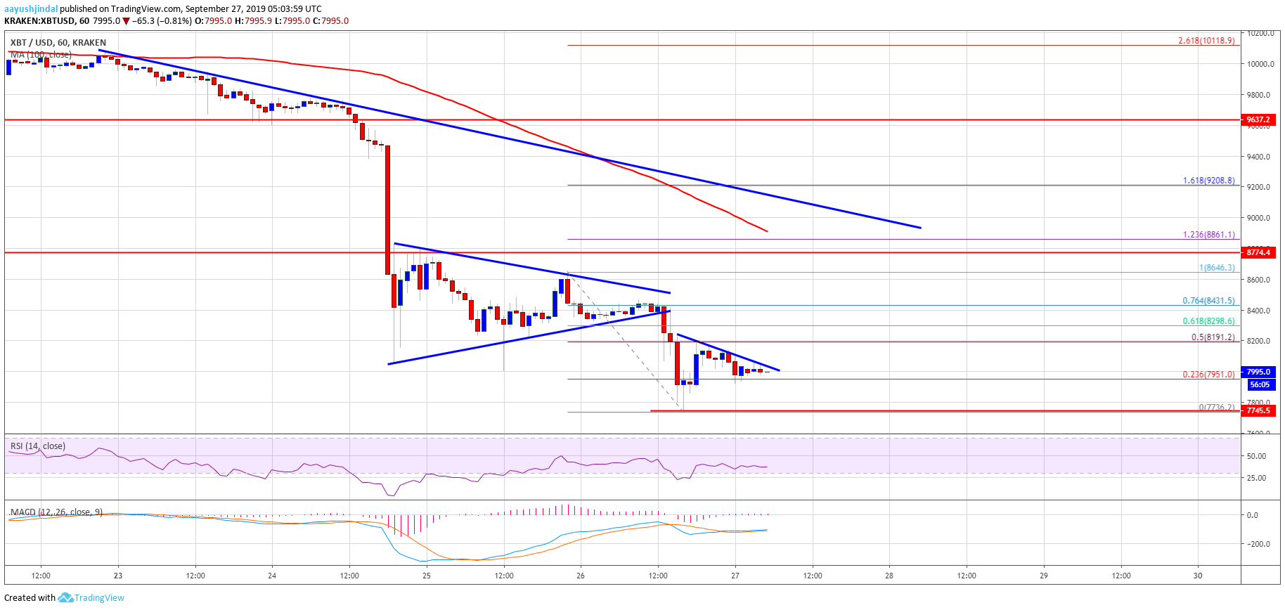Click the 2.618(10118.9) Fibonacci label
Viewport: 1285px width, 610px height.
click(1206, 41)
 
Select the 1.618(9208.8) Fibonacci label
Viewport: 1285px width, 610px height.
click(1208, 181)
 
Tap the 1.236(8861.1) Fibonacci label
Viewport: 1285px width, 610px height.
click(1208, 235)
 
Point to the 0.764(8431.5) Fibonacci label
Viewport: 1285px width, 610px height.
click(1208, 301)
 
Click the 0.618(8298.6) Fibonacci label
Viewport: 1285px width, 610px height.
click(1208, 321)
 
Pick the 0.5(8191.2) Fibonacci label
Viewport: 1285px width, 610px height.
click(1213, 337)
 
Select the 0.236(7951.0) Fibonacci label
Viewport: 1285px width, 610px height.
click(1208, 375)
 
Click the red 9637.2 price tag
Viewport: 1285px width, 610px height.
click(1258, 120)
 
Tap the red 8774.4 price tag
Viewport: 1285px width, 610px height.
click(1258, 252)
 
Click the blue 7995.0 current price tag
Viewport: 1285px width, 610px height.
click(1258, 372)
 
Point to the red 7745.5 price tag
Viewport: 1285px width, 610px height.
click(1258, 410)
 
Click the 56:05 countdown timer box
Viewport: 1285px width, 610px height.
click(1258, 384)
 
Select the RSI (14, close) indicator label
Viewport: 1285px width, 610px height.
click(38, 446)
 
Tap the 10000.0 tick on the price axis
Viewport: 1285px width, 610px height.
click(1260, 64)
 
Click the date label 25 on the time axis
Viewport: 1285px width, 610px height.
click(427, 576)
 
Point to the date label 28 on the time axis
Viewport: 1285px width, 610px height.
click(889, 576)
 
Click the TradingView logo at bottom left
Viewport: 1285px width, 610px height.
click(91, 598)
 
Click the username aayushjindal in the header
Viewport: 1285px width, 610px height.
click(31, 9)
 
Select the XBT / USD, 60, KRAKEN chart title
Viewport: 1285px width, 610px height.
click(58, 43)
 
